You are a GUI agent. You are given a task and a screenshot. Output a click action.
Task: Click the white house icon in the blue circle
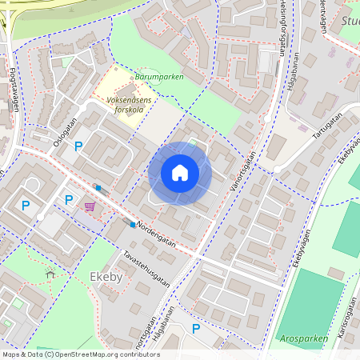point(180,173)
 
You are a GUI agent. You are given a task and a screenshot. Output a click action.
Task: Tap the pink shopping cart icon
point(90,206)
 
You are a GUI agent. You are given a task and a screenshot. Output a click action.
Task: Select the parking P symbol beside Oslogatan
point(78,146)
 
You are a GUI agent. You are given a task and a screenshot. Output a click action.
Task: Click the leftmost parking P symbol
point(26,206)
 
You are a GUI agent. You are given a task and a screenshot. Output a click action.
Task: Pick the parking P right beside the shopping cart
point(69,200)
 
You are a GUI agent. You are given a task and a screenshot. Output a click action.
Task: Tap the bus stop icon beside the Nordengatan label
point(132,225)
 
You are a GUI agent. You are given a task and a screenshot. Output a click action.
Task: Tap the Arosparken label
point(305,338)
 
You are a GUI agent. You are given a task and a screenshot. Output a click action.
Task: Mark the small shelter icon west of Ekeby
point(50,274)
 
